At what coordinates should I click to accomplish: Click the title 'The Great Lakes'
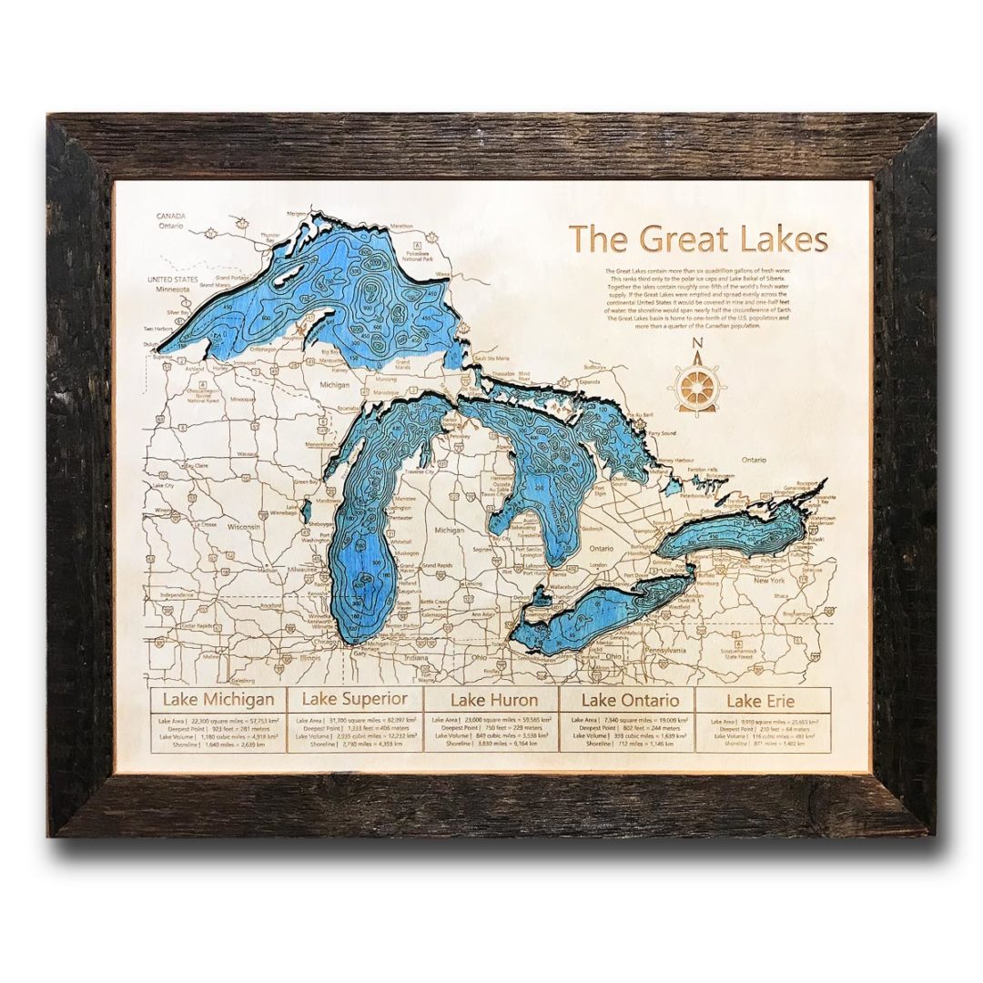[x=699, y=239]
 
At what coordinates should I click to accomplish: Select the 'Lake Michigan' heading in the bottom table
[x=218, y=700]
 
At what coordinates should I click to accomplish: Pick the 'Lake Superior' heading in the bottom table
[x=355, y=700]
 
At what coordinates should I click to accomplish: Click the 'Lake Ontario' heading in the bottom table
[x=630, y=700]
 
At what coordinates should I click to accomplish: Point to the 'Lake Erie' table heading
[x=762, y=701]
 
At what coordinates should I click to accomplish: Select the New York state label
[x=768, y=580]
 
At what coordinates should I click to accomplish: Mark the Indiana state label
[x=417, y=657]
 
